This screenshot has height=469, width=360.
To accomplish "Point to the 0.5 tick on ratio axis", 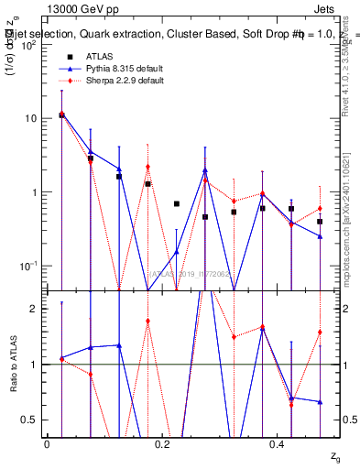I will [x=30, y=420].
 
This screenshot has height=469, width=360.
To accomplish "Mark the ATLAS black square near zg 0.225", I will [x=177, y=203].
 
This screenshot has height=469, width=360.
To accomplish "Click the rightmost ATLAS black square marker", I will [x=320, y=222].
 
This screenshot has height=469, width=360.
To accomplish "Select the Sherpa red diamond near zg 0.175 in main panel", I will [x=147, y=167].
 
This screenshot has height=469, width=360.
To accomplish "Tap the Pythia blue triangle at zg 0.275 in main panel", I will [x=205, y=170].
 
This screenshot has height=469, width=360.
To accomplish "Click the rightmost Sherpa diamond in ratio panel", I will [x=320, y=332].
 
